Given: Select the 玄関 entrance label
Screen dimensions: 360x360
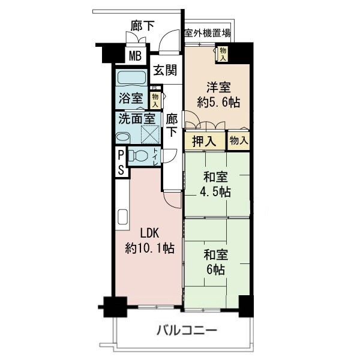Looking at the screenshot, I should [x=164, y=70].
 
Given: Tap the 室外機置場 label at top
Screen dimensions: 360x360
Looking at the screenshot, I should [x=208, y=34].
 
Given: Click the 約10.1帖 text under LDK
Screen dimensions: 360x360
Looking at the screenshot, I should [x=150, y=247].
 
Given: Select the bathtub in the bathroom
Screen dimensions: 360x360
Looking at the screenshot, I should [x=131, y=79].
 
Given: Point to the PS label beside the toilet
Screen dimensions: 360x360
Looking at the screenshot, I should [x=121, y=161].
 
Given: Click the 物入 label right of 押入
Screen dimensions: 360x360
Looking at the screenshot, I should [x=238, y=140].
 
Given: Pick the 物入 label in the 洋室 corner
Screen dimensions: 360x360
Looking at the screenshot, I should [x=223, y=54].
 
